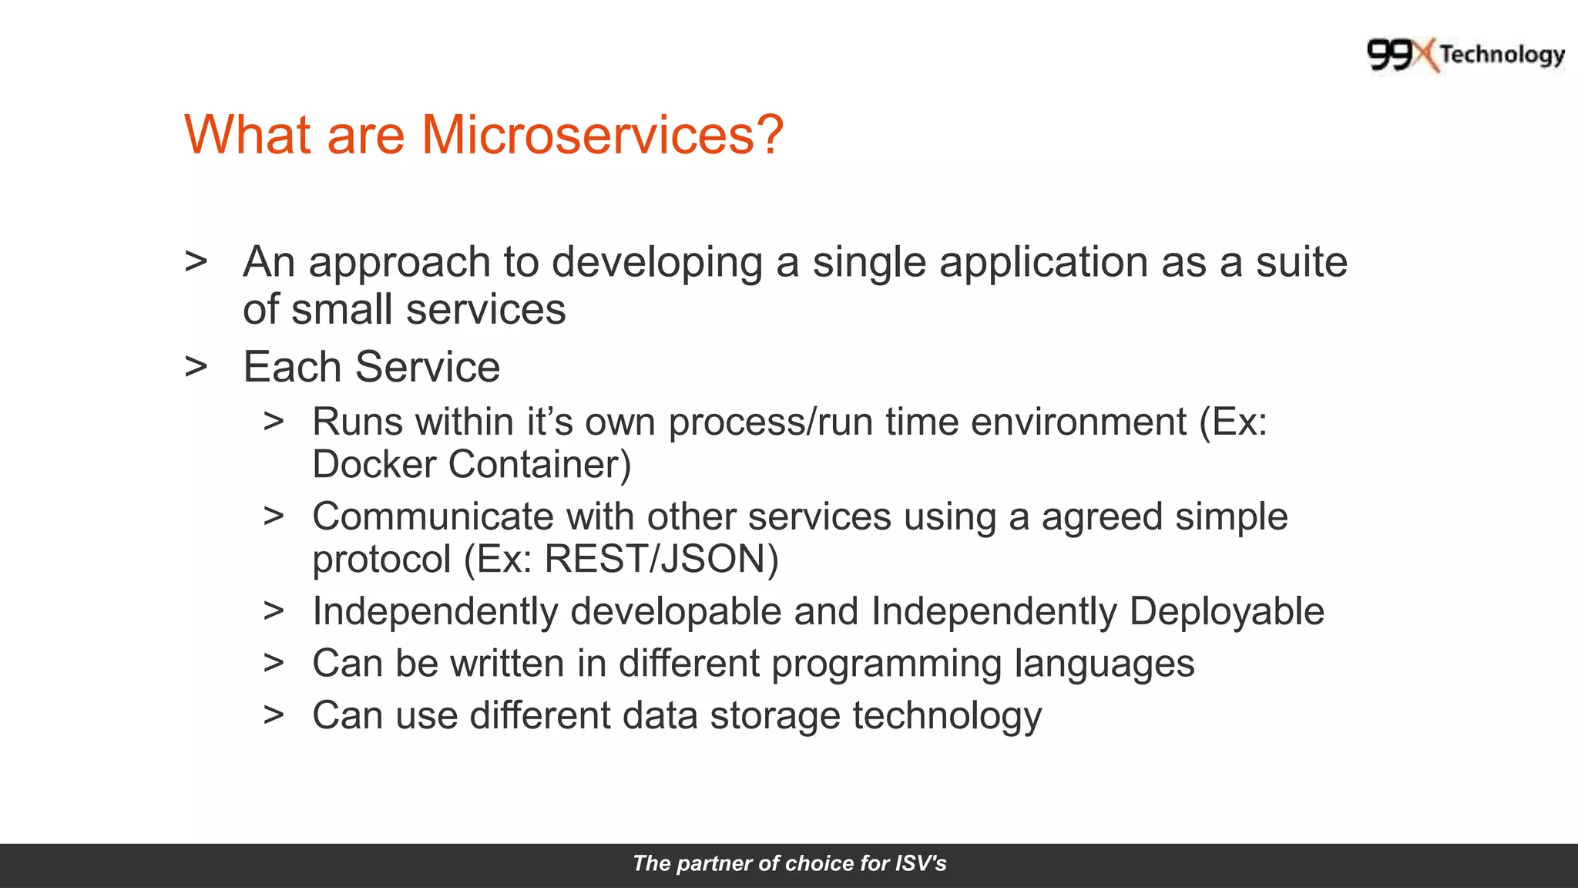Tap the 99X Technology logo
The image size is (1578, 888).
(1465, 55)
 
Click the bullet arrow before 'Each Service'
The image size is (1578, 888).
(196, 366)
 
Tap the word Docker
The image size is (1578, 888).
(374, 465)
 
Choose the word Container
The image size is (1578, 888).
(539, 465)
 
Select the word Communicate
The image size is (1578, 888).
(432, 516)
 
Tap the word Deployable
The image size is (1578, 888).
(1226, 611)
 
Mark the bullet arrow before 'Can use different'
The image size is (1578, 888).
(274, 715)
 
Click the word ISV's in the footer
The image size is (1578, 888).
(920, 863)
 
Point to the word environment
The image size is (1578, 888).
(1078, 422)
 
